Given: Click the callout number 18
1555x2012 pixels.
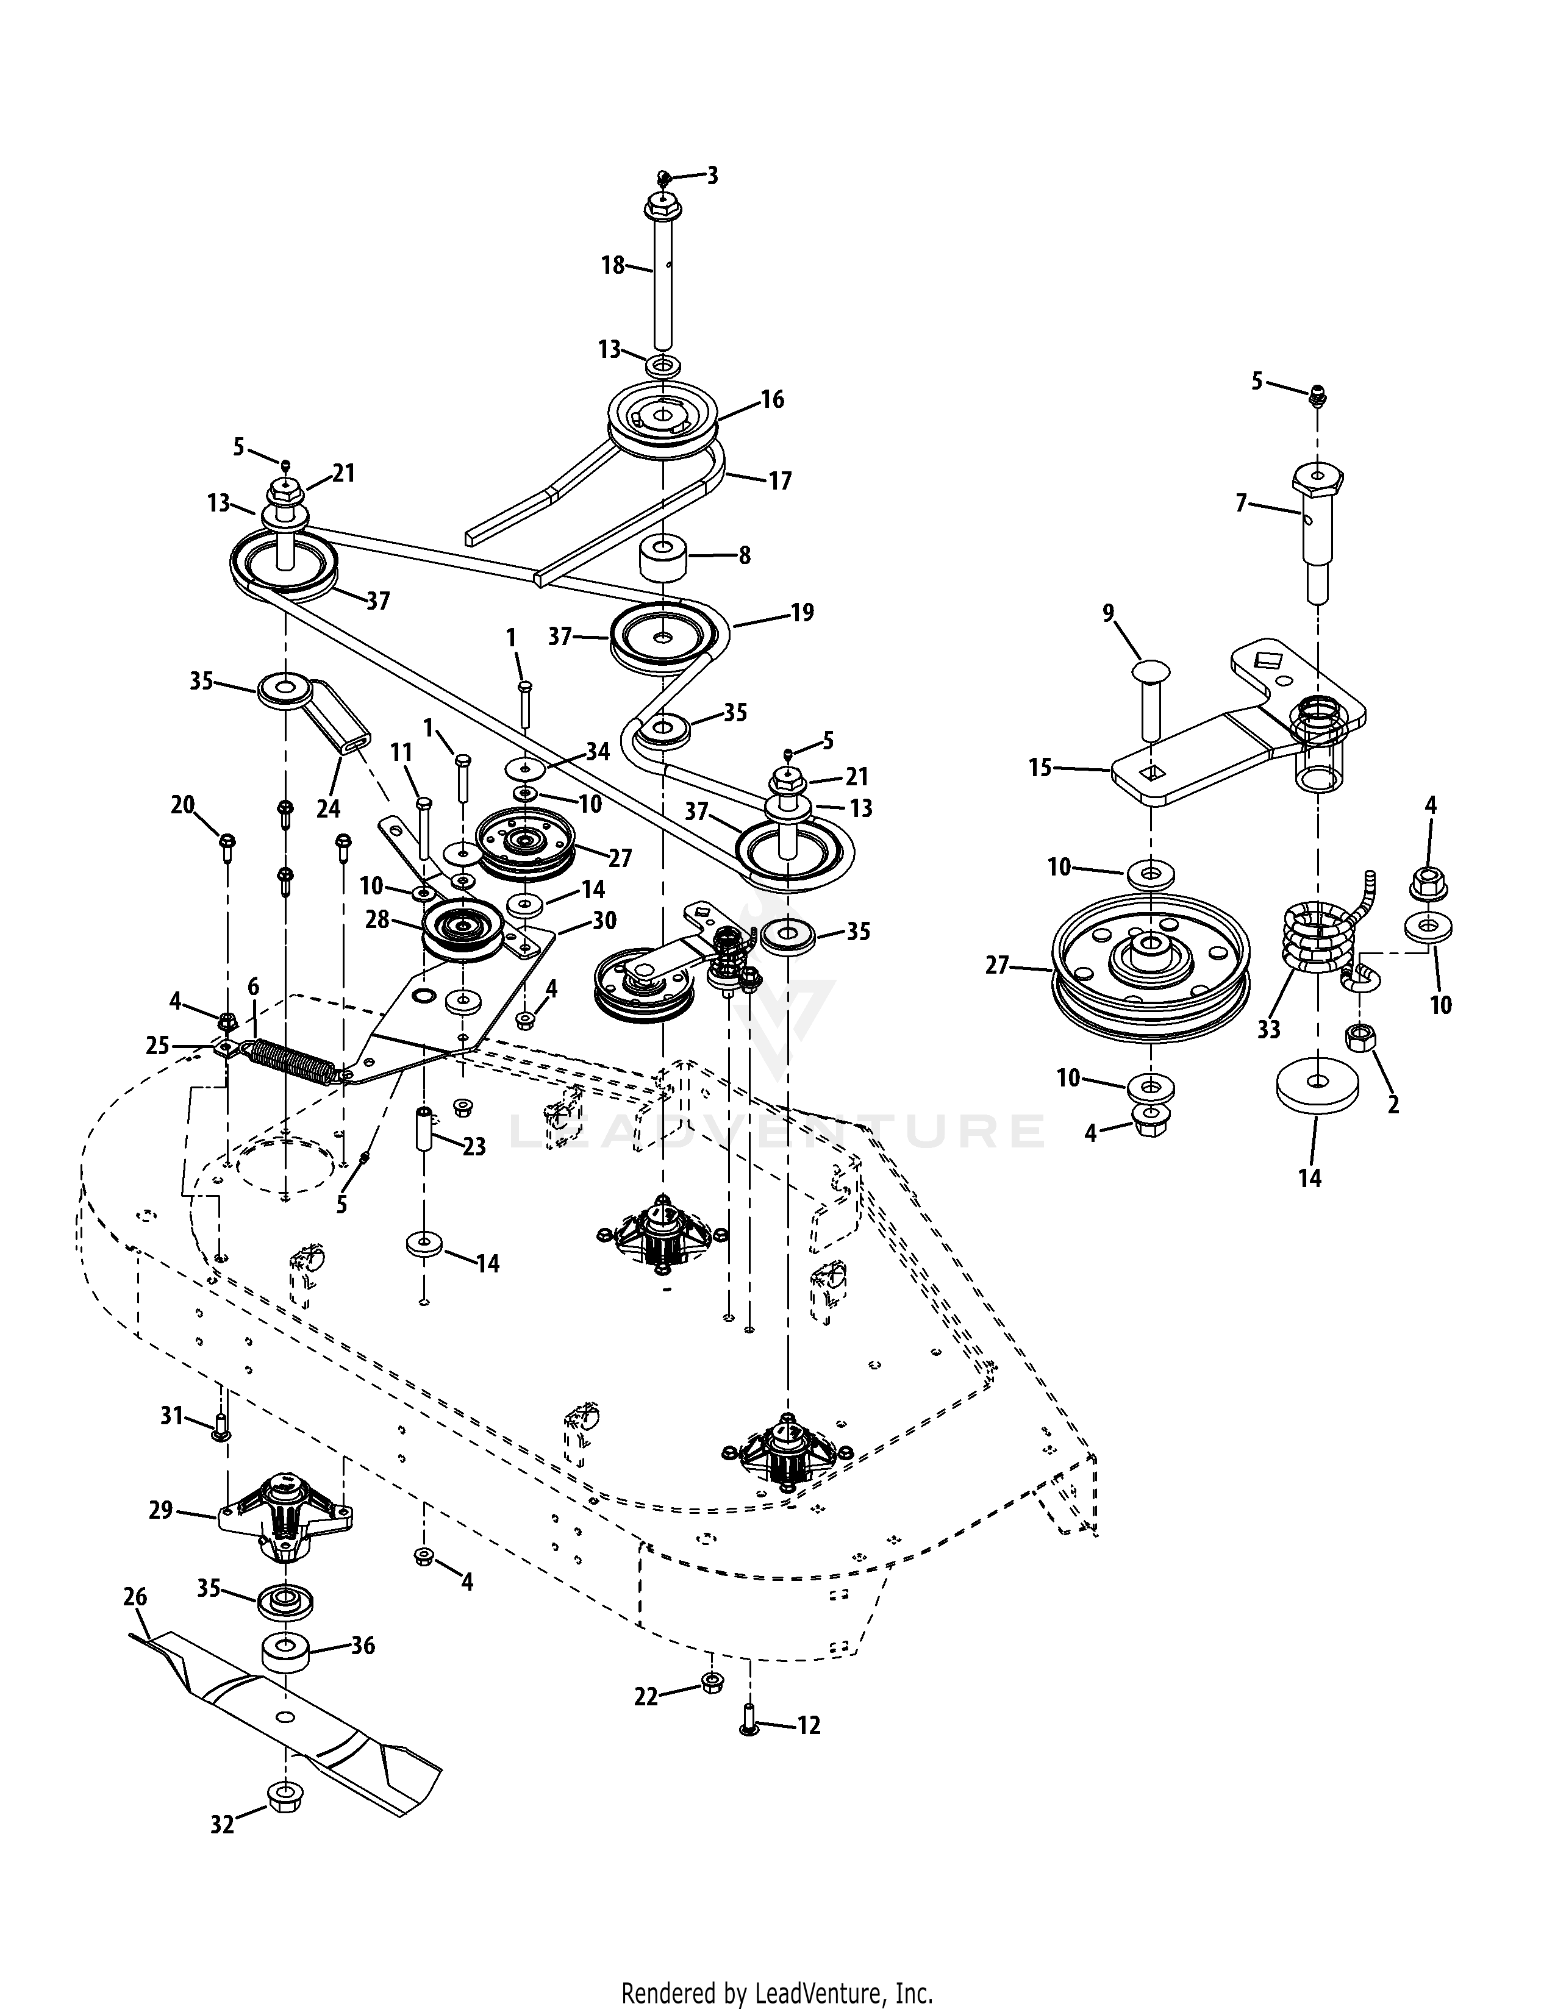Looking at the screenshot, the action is [x=613, y=265].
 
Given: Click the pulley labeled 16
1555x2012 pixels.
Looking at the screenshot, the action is [x=663, y=419].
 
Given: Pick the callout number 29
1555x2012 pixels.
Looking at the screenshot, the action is [x=161, y=1510].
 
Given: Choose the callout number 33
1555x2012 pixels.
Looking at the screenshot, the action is [x=1268, y=1028].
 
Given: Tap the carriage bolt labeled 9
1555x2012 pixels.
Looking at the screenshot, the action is [x=1149, y=697].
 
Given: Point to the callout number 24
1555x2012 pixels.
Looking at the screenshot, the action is [x=329, y=808].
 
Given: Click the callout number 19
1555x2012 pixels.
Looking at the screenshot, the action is [x=803, y=613].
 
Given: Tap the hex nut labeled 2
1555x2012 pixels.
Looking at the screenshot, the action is [x=1360, y=1039].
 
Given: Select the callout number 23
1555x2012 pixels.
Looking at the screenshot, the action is [x=473, y=1147].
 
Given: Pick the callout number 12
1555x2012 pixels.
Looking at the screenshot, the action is [x=808, y=1725].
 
